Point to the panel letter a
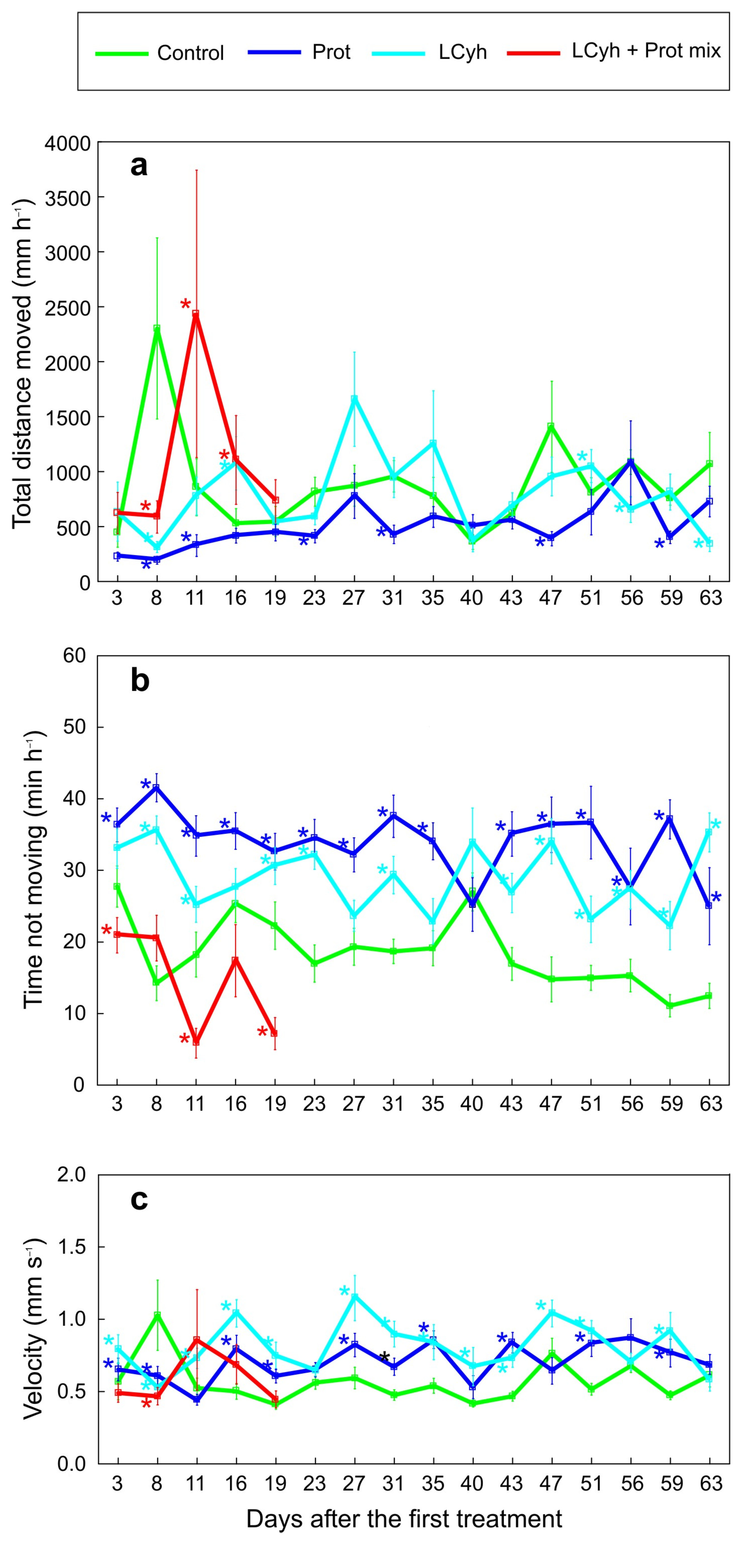(139, 166)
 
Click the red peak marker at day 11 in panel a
(196, 313)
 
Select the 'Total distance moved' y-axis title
(23, 364)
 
